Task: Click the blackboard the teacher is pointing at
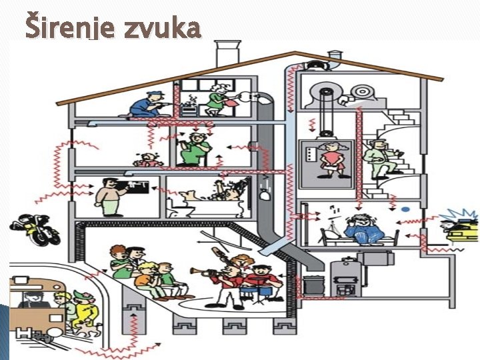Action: [136, 186]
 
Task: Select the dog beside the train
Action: [84, 310]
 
